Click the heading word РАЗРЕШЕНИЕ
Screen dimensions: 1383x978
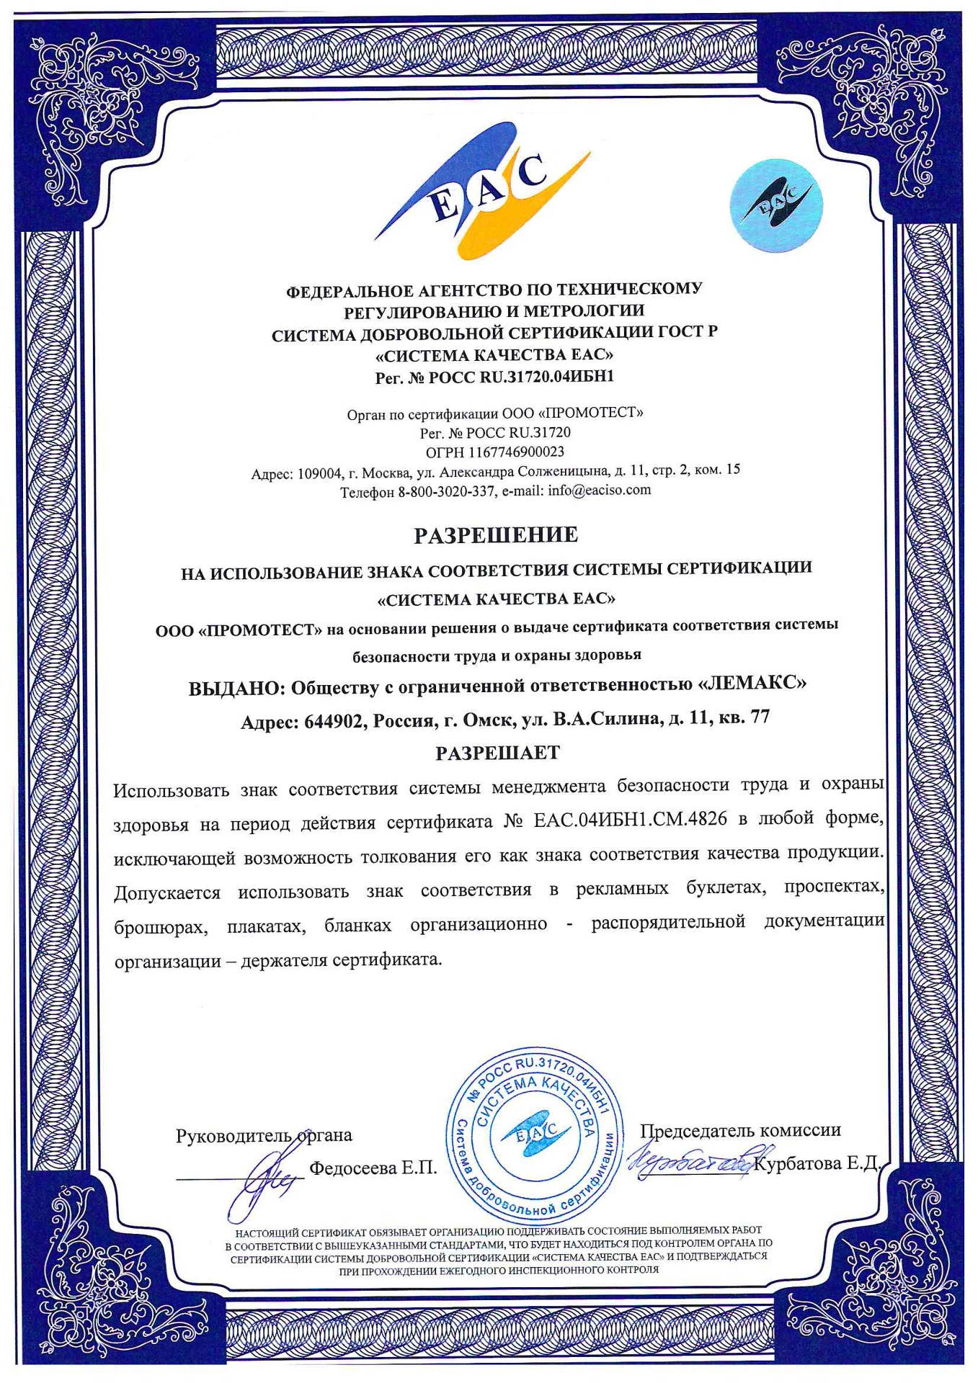[495, 535]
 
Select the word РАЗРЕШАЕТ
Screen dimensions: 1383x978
[497, 753]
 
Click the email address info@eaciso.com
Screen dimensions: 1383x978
[599, 490]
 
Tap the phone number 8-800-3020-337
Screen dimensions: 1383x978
[446, 492]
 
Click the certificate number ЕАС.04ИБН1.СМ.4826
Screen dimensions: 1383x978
[630, 820]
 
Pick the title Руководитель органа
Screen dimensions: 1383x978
[264, 1136]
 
